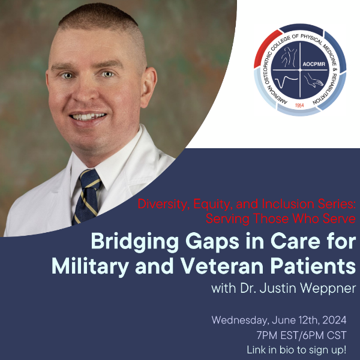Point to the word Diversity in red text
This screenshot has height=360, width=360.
pos(161,203)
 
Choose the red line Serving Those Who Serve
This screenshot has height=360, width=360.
pos(280,218)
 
